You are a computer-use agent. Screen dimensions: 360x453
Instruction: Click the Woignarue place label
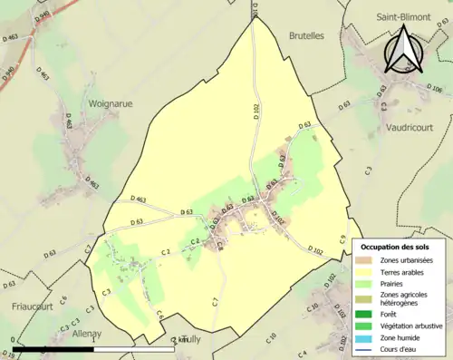click(x=110, y=103)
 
